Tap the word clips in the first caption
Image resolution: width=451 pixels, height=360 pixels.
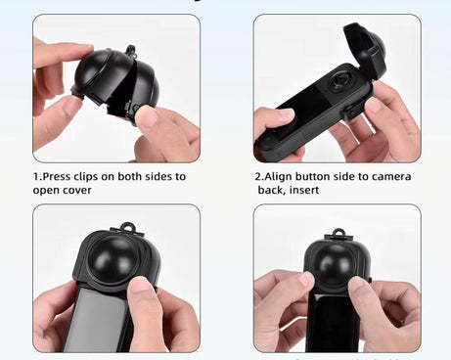(x=93, y=177)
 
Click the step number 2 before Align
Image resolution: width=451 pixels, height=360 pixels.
(x=257, y=177)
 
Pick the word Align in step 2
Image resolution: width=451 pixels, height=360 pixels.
(x=279, y=177)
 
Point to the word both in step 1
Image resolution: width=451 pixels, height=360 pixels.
(x=140, y=177)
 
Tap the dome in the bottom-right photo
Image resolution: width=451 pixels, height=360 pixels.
(x=338, y=263)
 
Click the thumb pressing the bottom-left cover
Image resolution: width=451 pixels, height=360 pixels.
(x=143, y=299)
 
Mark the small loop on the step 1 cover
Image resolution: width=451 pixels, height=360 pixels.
(x=130, y=48)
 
